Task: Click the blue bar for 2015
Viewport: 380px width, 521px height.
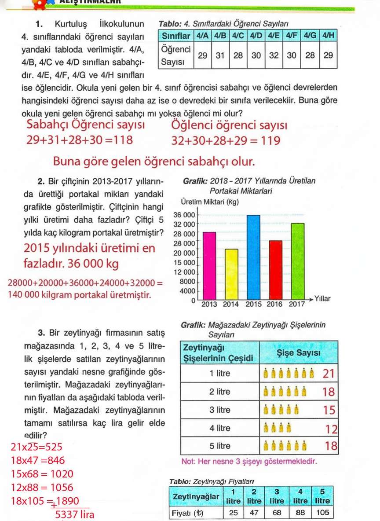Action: (253, 257)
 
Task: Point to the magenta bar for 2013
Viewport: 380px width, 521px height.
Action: (209, 265)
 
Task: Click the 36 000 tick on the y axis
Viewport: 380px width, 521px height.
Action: (184, 215)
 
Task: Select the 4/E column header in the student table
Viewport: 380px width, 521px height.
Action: (273, 35)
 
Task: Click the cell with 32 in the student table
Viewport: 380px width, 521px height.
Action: (273, 55)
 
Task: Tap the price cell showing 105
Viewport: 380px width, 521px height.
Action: (322, 513)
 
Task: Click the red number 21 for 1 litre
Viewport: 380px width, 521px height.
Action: (329, 374)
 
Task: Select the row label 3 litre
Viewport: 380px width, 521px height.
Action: (219, 410)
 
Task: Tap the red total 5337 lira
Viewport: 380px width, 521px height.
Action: (74, 514)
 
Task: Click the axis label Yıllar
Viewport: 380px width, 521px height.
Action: (322, 299)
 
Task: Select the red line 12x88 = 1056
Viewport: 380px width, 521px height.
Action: (42, 488)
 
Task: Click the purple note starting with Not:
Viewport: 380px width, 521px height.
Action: (249, 462)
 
